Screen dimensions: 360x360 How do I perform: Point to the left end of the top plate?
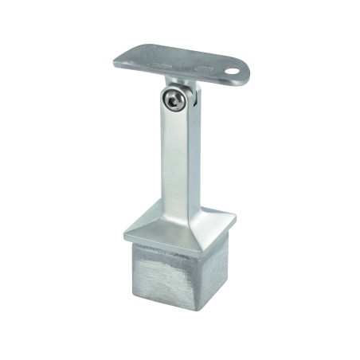(x=117, y=61)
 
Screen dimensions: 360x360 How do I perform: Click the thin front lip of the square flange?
(x=167, y=242)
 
